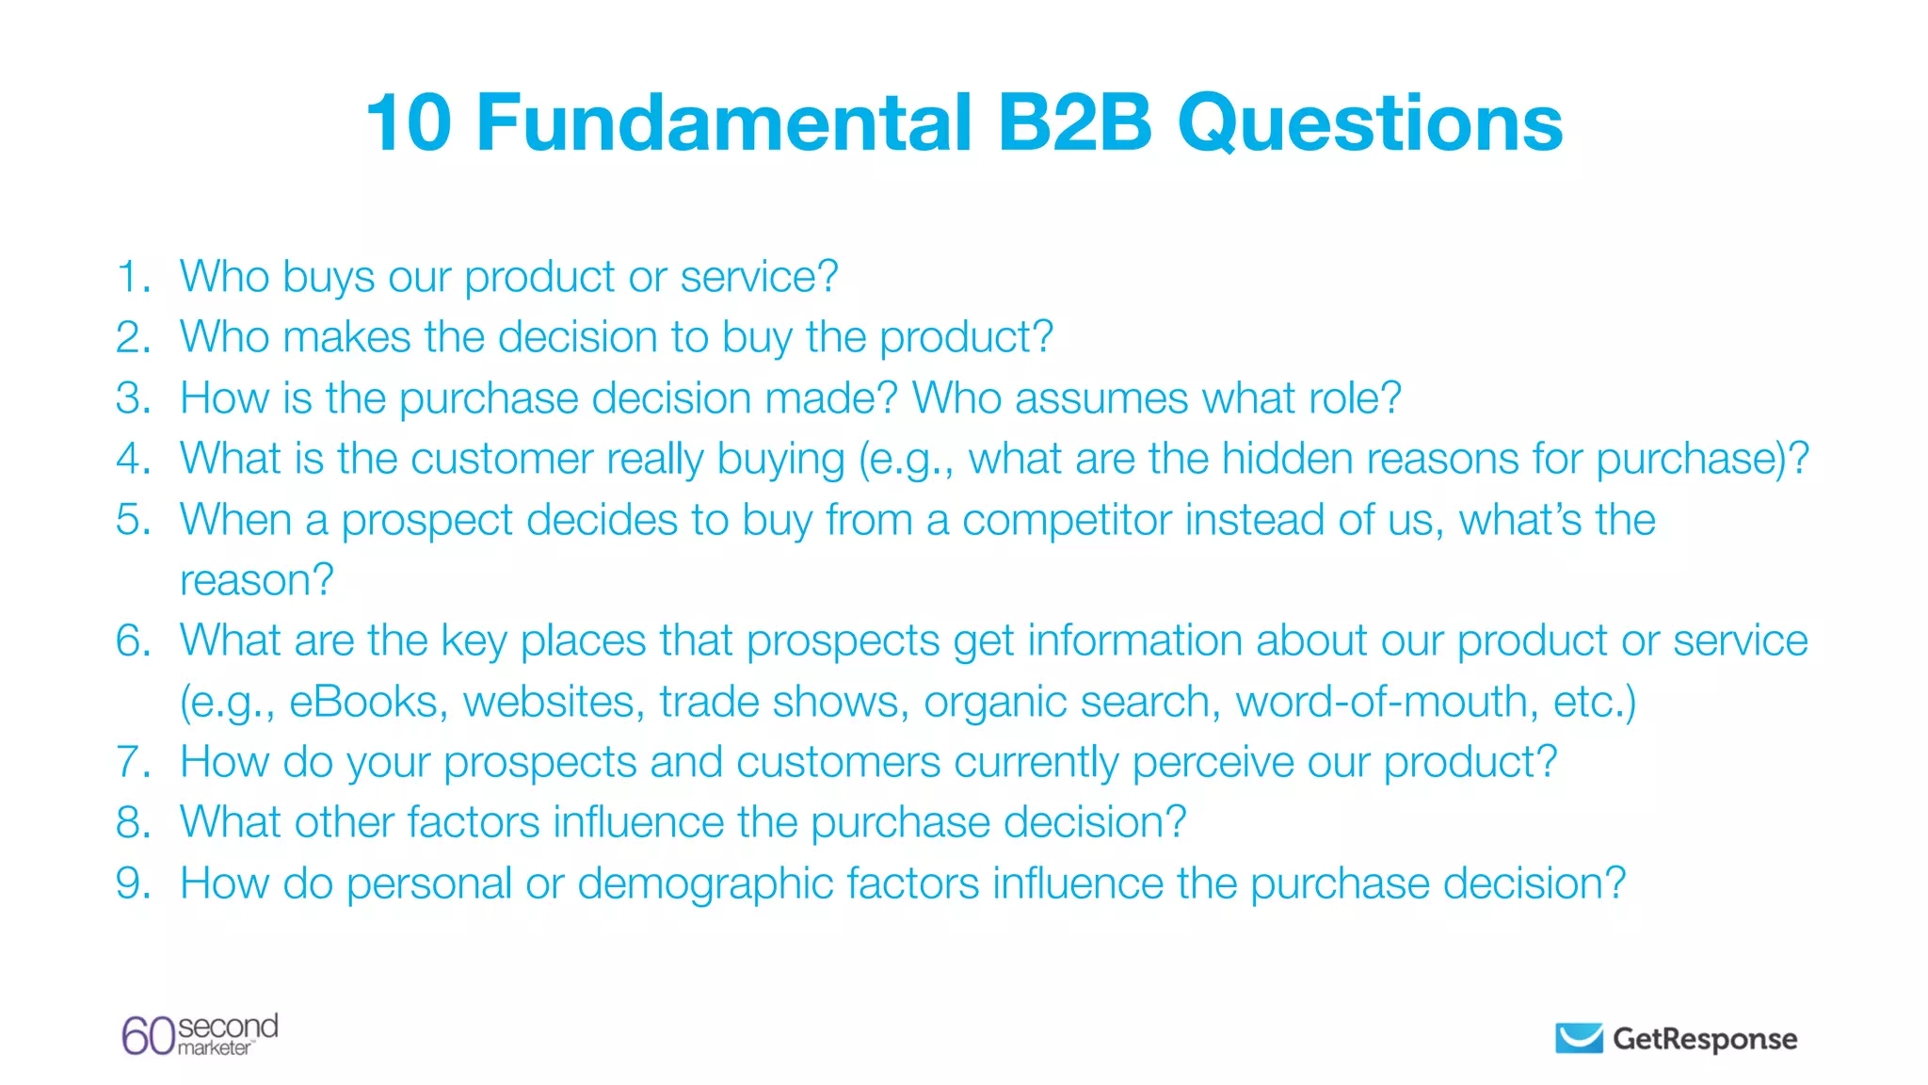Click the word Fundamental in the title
tap(724, 123)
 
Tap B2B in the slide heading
tap(1074, 123)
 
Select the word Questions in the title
tap(1370, 125)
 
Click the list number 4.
tap(133, 459)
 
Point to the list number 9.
tap(133, 883)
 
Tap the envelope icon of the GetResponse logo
tap(1579, 1038)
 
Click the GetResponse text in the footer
tap(1705, 1039)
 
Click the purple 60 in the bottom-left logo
tap(148, 1036)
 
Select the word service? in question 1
tap(759, 277)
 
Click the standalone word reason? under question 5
tap(256, 580)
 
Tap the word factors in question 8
tap(474, 822)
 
